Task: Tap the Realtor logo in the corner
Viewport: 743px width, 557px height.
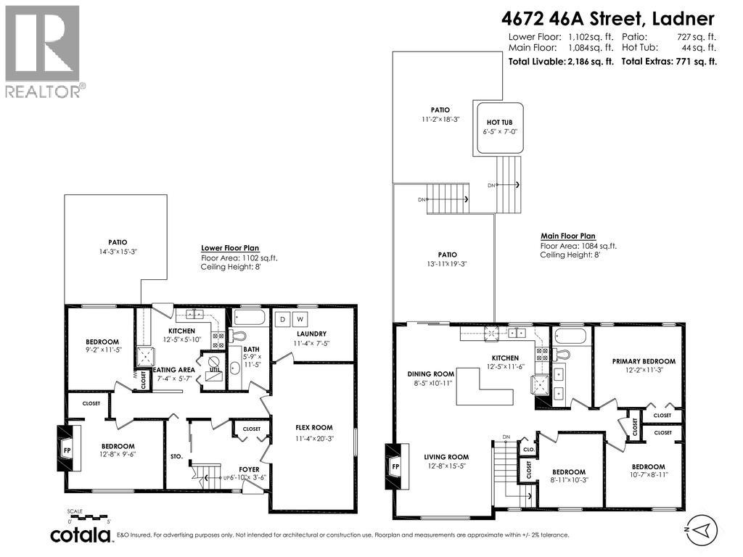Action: click(44, 51)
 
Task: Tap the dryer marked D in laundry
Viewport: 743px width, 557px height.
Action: click(282, 318)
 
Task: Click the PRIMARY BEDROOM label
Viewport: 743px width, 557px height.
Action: click(644, 361)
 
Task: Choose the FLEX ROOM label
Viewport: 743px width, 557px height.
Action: click(314, 427)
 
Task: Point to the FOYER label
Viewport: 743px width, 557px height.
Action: click(249, 469)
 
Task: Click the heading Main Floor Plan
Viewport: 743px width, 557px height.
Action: click(567, 236)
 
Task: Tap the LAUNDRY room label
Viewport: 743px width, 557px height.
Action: click(311, 334)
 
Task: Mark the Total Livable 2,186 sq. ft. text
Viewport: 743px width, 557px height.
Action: click(562, 62)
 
